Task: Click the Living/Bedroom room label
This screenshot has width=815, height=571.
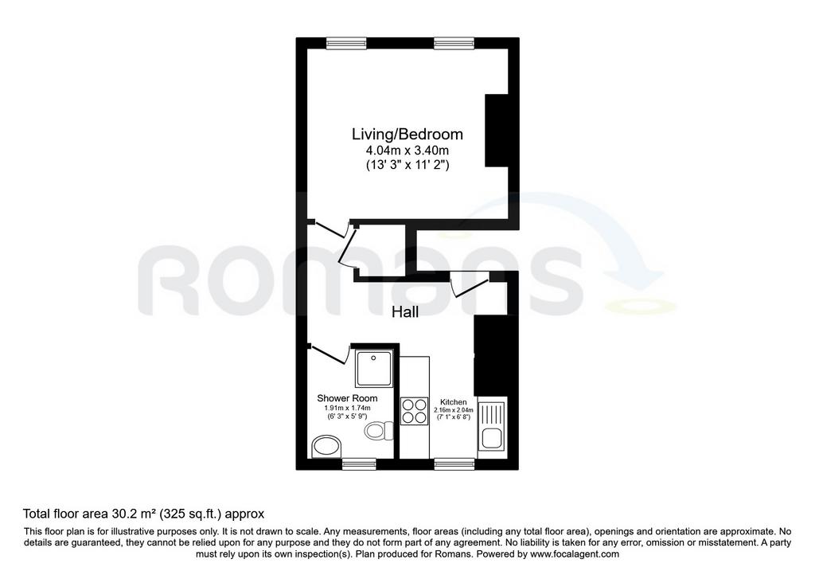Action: pyautogui.click(x=407, y=134)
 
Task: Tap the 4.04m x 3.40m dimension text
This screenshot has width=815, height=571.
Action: pyautogui.click(x=407, y=151)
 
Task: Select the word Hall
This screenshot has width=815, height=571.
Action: pyautogui.click(x=405, y=312)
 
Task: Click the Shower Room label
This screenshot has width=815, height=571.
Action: pyautogui.click(x=347, y=398)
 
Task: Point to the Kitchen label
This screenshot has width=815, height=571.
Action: pyautogui.click(x=453, y=402)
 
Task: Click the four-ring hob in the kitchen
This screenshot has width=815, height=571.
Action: pyautogui.click(x=414, y=411)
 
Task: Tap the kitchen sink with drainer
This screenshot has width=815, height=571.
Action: pyautogui.click(x=492, y=427)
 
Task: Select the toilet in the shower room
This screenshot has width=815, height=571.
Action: pyautogui.click(x=380, y=430)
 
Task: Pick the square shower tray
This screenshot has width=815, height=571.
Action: pyautogui.click(x=374, y=368)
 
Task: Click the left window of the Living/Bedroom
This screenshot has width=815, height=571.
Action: pyautogui.click(x=346, y=44)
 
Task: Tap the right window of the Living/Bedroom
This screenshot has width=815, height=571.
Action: pyautogui.click(x=454, y=44)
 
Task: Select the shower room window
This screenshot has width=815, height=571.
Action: pyautogui.click(x=359, y=463)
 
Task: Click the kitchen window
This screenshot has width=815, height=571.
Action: pyautogui.click(x=454, y=463)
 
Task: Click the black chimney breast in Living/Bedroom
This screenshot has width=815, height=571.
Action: pyautogui.click(x=497, y=131)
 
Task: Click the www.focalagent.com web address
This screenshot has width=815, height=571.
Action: pyautogui.click(x=574, y=553)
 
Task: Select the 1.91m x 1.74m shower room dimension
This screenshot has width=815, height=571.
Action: pyautogui.click(x=347, y=409)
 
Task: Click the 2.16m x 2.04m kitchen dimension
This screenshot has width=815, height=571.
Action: pyautogui.click(x=453, y=410)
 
